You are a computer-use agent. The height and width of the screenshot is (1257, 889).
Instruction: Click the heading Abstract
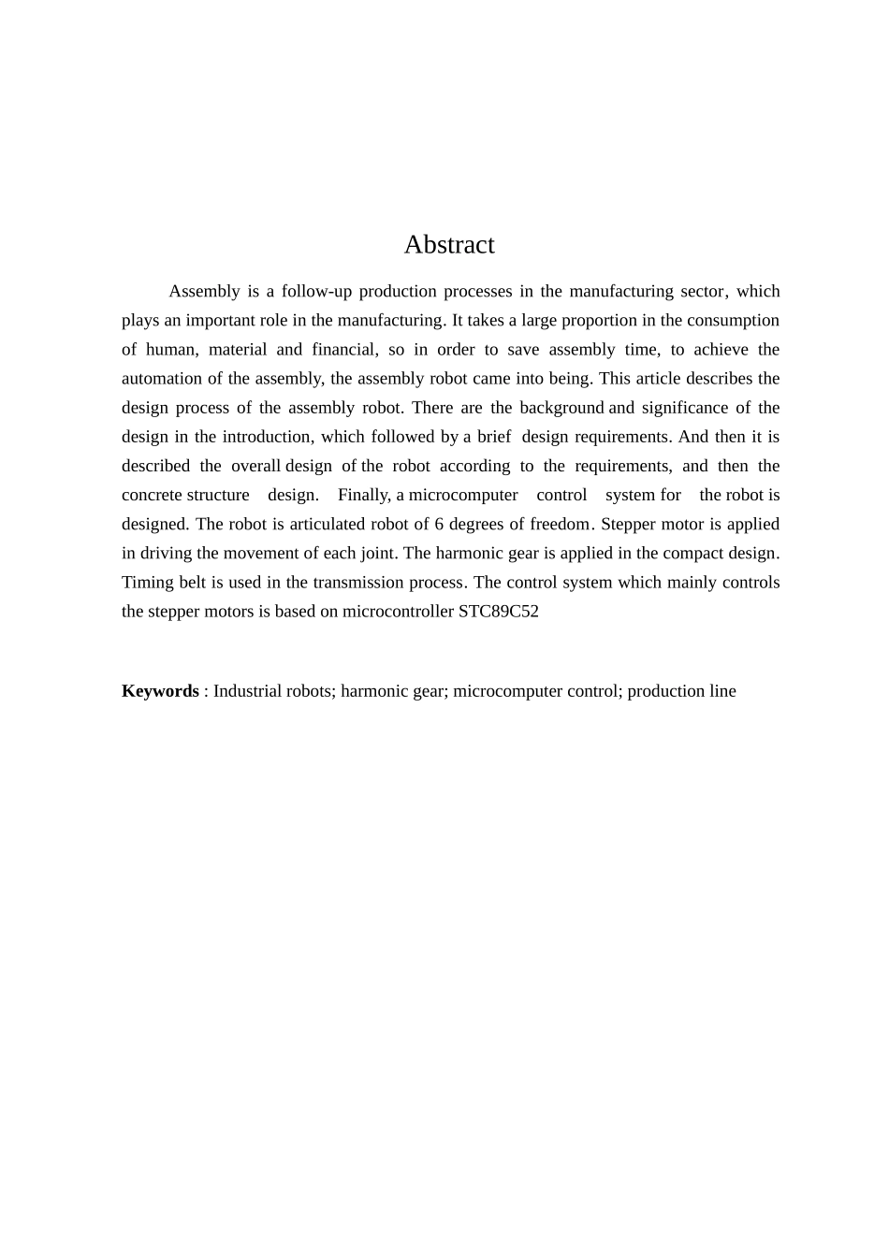click(x=449, y=245)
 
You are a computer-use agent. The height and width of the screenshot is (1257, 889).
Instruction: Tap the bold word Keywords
click(x=160, y=691)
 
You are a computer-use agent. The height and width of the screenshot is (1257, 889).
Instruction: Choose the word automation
click(x=160, y=378)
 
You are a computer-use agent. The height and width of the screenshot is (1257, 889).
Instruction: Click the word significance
click(x=684, y=408)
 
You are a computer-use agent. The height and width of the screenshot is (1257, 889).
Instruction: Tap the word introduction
click(x=267, y=437)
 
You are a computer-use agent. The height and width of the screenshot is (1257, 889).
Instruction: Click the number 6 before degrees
click(x=439, y=524)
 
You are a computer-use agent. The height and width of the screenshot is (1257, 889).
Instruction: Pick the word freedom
click(x=560, y=524)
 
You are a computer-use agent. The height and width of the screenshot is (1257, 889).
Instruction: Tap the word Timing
click(x=147, y=582)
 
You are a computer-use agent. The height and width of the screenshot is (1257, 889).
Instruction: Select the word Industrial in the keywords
click(x=247, y=691)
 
